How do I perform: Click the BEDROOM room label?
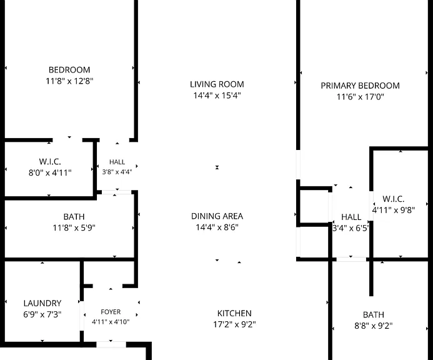click(x=69, y=69)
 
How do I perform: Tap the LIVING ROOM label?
click(x=217, y=84)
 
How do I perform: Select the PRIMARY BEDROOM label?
click(x=360, y=86)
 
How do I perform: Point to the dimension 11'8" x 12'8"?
click(x=69, y=81)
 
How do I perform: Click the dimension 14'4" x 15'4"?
click(x=217, y=96)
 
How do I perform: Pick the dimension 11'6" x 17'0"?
click(x=360, y=97)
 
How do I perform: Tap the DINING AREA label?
click(x=217, y=216)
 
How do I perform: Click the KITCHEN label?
click(x=234, y=313)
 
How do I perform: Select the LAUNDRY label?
click(x=42, y=303)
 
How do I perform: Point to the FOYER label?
click(x=111, y=312)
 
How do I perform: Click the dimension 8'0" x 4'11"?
click(x=50, y=173)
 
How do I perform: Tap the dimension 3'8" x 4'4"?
click(x=117, y=172)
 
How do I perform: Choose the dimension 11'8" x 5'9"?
click(x=74, y=228)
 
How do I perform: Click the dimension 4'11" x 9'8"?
click(x=394, y=210)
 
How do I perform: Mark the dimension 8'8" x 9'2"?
click(x=374, y=326)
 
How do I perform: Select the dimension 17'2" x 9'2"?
click(x=234, y=324)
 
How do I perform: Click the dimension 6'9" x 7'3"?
click(x=42, y=314)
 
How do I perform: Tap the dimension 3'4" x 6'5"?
click(x=351, y=228)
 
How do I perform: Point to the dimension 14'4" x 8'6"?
click(x=217, y=227)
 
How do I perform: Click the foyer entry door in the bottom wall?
click(x=111, y=344)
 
